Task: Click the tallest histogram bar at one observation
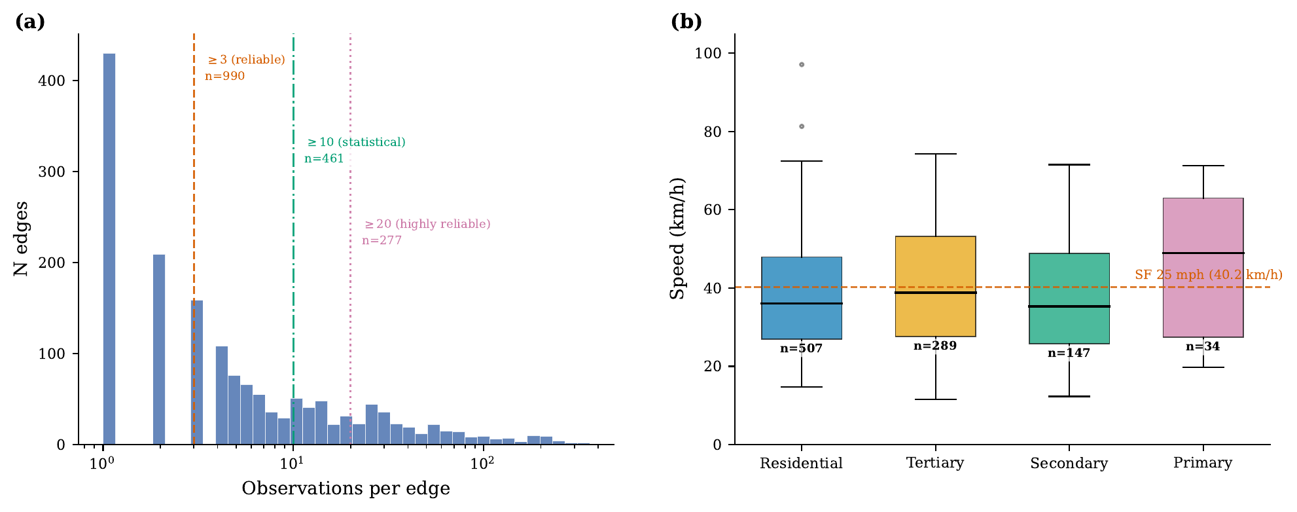[109, 249]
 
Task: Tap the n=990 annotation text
[224, 76]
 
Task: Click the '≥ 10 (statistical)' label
[356, 142]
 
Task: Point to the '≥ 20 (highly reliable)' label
[427, 224]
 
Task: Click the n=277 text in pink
[382, 240]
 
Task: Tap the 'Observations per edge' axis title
[346, 488]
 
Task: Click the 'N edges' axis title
[21, 239]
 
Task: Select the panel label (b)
[686, 22]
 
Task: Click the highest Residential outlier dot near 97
[802, 65]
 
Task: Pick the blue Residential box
[802, 282]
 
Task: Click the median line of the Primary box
[1203, 253]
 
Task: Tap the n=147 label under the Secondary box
[1069, 353]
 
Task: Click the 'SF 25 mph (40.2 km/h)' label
[1208, 275]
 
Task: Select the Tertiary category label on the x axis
[935, 463]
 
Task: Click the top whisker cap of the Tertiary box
[935, 154]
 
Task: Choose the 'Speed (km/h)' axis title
[677, 239]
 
